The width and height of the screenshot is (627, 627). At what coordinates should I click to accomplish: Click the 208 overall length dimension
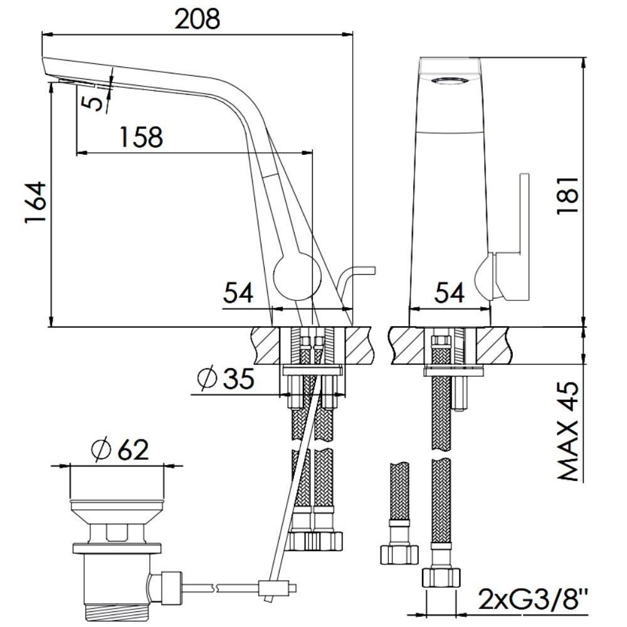coord(198,19)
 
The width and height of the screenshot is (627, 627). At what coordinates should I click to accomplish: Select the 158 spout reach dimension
coord(142,137)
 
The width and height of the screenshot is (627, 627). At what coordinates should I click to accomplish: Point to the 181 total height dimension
coord(568,195)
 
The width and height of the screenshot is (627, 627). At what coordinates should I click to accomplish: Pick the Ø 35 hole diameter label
coord(226,378)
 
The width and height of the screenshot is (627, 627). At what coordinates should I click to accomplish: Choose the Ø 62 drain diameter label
coord(120,449)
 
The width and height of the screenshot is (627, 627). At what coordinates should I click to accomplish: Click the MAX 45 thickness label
coord(568,431)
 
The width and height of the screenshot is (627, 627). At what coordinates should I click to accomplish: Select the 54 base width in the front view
coord(450,292)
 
